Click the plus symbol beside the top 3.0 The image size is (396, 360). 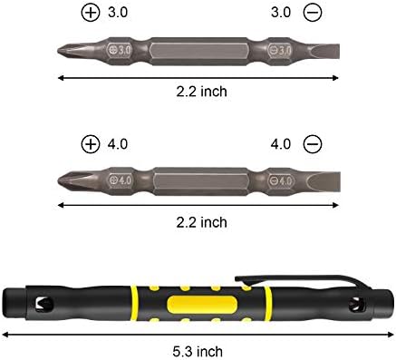pos(91,13)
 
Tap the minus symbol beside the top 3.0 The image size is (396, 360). pos(313,13)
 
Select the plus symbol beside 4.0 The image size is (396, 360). pos(91,144)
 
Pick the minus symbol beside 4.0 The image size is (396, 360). pos(313,144)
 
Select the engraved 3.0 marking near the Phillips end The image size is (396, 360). pos(121,50)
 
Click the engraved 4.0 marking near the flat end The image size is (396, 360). pos(281,180)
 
